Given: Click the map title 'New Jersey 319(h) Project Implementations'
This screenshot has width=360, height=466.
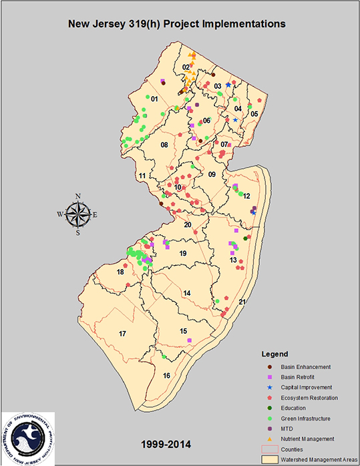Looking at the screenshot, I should coord(177,24).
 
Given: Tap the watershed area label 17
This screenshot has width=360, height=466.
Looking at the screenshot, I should coord(122,333).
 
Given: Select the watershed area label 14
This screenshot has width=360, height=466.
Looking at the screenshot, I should coord(187,292).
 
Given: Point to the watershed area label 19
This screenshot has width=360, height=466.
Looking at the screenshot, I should coord(182,254).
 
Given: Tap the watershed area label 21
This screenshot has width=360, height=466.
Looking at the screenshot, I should coord(242,302).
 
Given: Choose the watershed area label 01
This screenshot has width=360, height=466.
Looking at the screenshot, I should coord(154,99).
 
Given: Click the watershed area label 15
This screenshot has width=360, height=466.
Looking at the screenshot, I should coord(183,330).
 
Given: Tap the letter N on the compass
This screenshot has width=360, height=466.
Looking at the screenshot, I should coord(78,196).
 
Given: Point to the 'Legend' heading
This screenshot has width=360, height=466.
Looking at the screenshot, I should coord(274,353).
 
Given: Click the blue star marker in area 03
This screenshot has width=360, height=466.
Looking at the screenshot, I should coord(228,85).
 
